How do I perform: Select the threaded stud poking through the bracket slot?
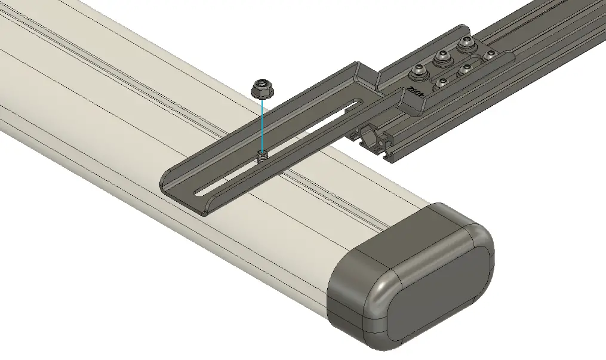262,156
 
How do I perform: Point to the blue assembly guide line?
262,125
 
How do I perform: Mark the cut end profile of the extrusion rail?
376,143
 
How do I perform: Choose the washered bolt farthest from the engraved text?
465,44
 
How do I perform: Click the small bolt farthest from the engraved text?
490,56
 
